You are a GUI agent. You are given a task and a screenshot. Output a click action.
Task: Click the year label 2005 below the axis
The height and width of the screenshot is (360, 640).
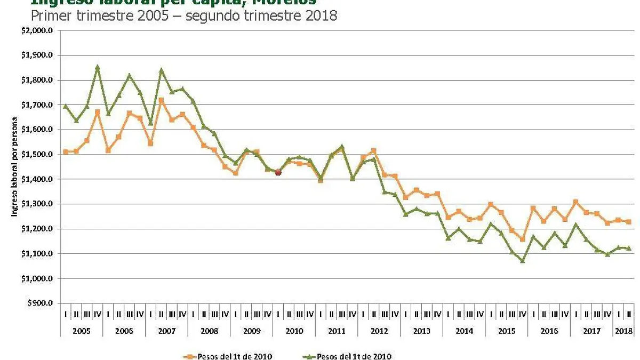81,331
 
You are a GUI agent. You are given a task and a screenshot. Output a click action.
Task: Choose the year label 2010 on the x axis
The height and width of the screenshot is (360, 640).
294,331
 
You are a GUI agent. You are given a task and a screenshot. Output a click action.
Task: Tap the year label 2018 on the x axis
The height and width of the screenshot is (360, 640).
623,331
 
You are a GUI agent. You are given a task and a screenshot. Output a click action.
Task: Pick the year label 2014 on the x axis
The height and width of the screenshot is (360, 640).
464,331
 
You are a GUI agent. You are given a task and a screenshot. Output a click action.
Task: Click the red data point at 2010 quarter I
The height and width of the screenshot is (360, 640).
278,172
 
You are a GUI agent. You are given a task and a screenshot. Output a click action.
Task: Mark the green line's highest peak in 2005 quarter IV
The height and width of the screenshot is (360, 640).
97,67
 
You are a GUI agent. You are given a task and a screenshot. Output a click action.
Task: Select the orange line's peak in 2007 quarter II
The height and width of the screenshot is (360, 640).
161,100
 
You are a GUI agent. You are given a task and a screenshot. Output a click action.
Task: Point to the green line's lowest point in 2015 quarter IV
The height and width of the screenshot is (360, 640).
523,261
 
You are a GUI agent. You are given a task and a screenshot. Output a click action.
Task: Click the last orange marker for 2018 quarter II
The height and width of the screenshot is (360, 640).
629,222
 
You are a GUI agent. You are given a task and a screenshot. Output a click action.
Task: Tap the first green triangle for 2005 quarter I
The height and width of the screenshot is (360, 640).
65,106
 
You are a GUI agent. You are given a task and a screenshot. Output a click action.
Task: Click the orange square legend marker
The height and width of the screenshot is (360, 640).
187,356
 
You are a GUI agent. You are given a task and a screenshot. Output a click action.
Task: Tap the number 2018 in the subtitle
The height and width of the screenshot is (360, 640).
321,15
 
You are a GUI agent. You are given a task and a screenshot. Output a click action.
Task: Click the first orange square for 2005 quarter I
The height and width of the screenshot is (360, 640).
65,152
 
